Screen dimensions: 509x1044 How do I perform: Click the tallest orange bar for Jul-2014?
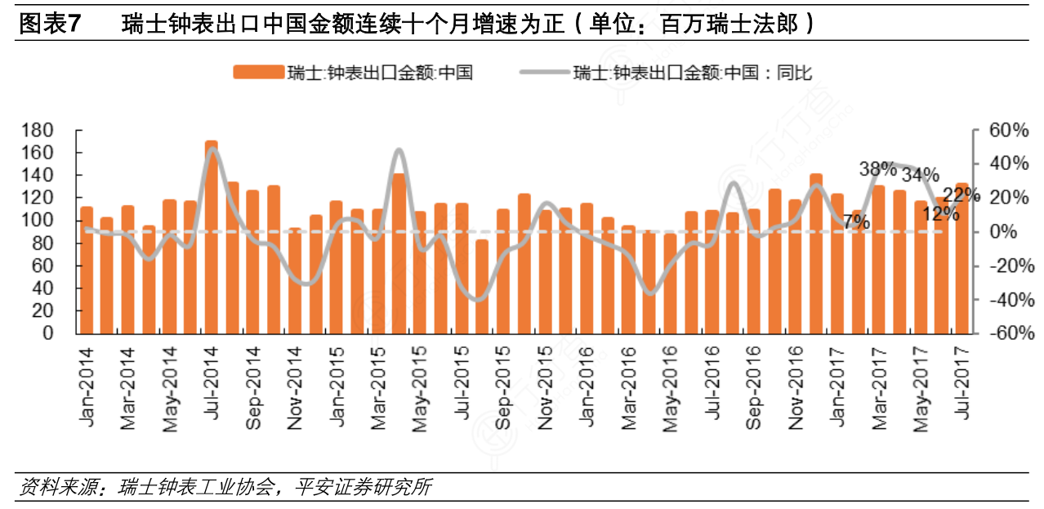212,237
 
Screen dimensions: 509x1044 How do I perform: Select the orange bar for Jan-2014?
87,270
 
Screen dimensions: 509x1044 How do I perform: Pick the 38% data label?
877,170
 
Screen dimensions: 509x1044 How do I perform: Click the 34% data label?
920,175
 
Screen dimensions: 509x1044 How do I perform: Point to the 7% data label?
856,221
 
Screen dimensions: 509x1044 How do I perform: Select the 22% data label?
961,194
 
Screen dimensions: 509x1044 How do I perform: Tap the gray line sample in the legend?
543,72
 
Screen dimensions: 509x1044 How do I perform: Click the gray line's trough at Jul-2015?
478,300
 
